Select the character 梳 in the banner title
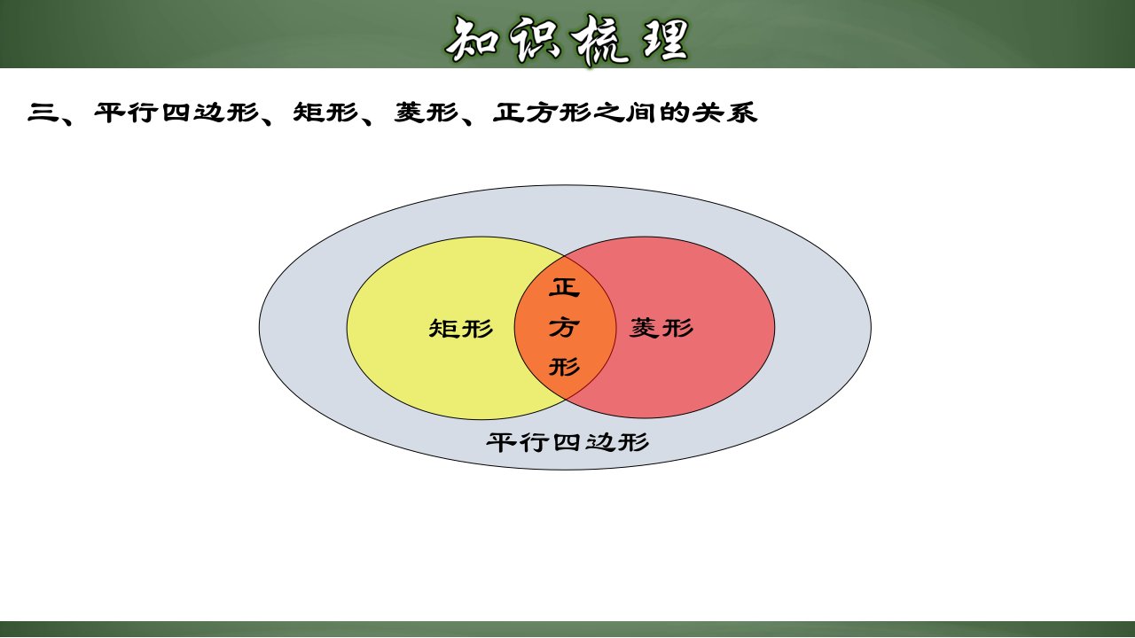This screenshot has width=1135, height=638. [x=599, y=40]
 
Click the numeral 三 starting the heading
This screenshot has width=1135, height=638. [x=43, y=113]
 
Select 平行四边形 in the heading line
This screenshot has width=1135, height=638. [x=176, y=113]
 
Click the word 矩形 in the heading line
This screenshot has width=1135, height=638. [x=325, y=113]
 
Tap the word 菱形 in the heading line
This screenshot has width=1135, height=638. [x=427, y=113]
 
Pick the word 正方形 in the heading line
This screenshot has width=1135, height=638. [x=542, y=113]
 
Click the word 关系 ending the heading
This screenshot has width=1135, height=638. [x=725, y=113]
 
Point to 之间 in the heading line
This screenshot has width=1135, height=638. [x=625, y=113]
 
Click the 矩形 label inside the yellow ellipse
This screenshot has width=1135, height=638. [x=460, y=328]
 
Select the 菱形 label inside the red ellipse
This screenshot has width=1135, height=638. [x=661, y=327]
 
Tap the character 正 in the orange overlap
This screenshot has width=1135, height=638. [x=565, y=287]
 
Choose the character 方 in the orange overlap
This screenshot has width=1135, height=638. [x=565, y=327]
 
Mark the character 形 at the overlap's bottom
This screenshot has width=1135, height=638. [x=565, y=367]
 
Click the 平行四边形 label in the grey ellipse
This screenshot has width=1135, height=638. [x=567, y=442]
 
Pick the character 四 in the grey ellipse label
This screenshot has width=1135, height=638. [x=567, y=442]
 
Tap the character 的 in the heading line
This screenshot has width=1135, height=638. [x=675, y=113]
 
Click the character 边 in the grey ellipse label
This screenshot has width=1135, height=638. [x=600, y=442]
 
